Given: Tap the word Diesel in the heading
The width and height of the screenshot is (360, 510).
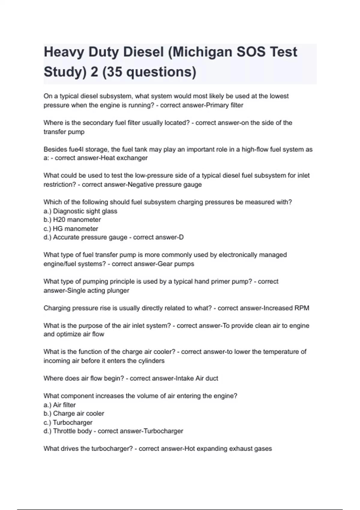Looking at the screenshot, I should [x=143, y=52].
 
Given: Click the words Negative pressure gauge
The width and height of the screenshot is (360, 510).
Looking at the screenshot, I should [x=165, y=184].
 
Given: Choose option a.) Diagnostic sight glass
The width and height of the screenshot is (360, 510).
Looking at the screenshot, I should [x=80, y=211].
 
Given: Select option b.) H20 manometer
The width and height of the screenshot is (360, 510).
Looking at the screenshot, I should [x=72, y=220].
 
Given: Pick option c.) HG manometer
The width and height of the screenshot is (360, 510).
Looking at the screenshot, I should [x=71, y=228].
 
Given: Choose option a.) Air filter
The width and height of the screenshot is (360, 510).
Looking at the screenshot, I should [x=60, y=405].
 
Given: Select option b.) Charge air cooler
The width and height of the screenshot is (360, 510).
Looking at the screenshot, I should [x=74, y=413].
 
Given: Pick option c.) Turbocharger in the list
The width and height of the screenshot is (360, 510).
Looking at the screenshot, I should [x=68, y=422].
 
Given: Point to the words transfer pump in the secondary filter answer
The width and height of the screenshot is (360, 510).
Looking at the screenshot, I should [x=64, y=132].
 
